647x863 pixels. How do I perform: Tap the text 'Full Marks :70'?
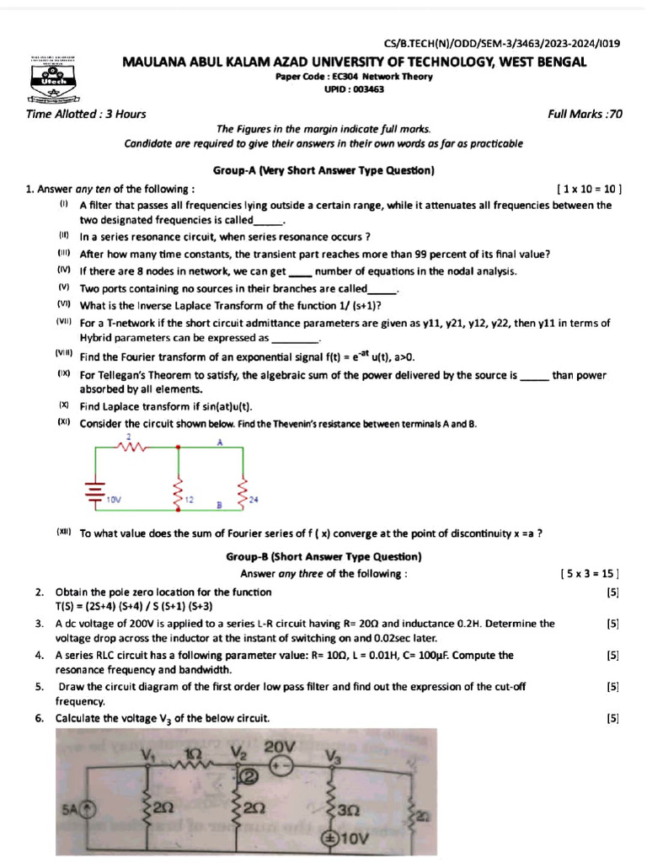click(586, 115)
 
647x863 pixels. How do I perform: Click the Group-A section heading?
click(323, 170)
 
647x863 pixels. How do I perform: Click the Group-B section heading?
click(323, 557)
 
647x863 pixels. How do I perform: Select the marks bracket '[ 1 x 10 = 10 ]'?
click(589, 190)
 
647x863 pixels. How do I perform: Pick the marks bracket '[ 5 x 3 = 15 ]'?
click(589, 574)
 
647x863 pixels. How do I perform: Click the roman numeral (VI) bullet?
click(64, 304)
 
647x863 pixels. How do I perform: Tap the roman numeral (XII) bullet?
click(65, 533)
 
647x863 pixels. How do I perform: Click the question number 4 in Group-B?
click(40, 655)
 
